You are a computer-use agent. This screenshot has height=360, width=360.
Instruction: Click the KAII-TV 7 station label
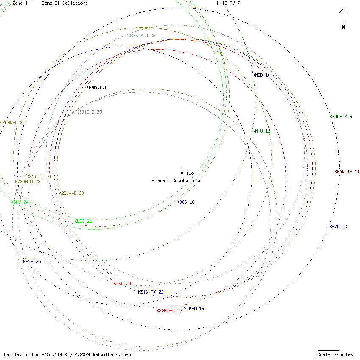(x=228, y=3)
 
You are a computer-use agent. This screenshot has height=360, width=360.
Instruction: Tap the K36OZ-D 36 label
(x=143, y=36)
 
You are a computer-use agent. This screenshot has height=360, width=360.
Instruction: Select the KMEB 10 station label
(x=261, y=75)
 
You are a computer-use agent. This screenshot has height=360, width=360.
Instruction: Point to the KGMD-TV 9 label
(x=341, y=116)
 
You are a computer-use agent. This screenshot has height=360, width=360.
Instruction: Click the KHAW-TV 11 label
(x=346, y=172)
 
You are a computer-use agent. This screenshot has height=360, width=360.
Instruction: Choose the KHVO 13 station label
(x=338, y=227)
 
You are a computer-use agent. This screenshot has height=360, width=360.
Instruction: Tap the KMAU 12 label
(x=261, y=131)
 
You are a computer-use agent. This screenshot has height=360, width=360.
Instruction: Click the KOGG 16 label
(x=186, y=202)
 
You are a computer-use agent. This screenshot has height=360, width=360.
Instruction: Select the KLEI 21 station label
(x=83, y=221)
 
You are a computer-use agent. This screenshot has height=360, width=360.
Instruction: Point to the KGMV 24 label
(x=19, y=202)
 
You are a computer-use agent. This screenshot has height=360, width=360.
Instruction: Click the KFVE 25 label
(x=32, y=262)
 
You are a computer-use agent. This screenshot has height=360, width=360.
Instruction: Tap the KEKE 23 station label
(x=122, y=283)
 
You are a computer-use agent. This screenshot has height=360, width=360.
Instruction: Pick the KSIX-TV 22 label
(x=151, y=292)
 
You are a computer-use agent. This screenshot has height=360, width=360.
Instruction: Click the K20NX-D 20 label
(x=169, y=310)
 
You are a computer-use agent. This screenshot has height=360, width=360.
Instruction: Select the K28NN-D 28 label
(x=12, y=122)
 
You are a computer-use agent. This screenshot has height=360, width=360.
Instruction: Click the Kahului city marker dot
(x=88, y=87)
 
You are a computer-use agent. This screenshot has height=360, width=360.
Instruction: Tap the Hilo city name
(x=188, y=173)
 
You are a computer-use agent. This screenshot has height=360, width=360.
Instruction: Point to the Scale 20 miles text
(x=335, y=354)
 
